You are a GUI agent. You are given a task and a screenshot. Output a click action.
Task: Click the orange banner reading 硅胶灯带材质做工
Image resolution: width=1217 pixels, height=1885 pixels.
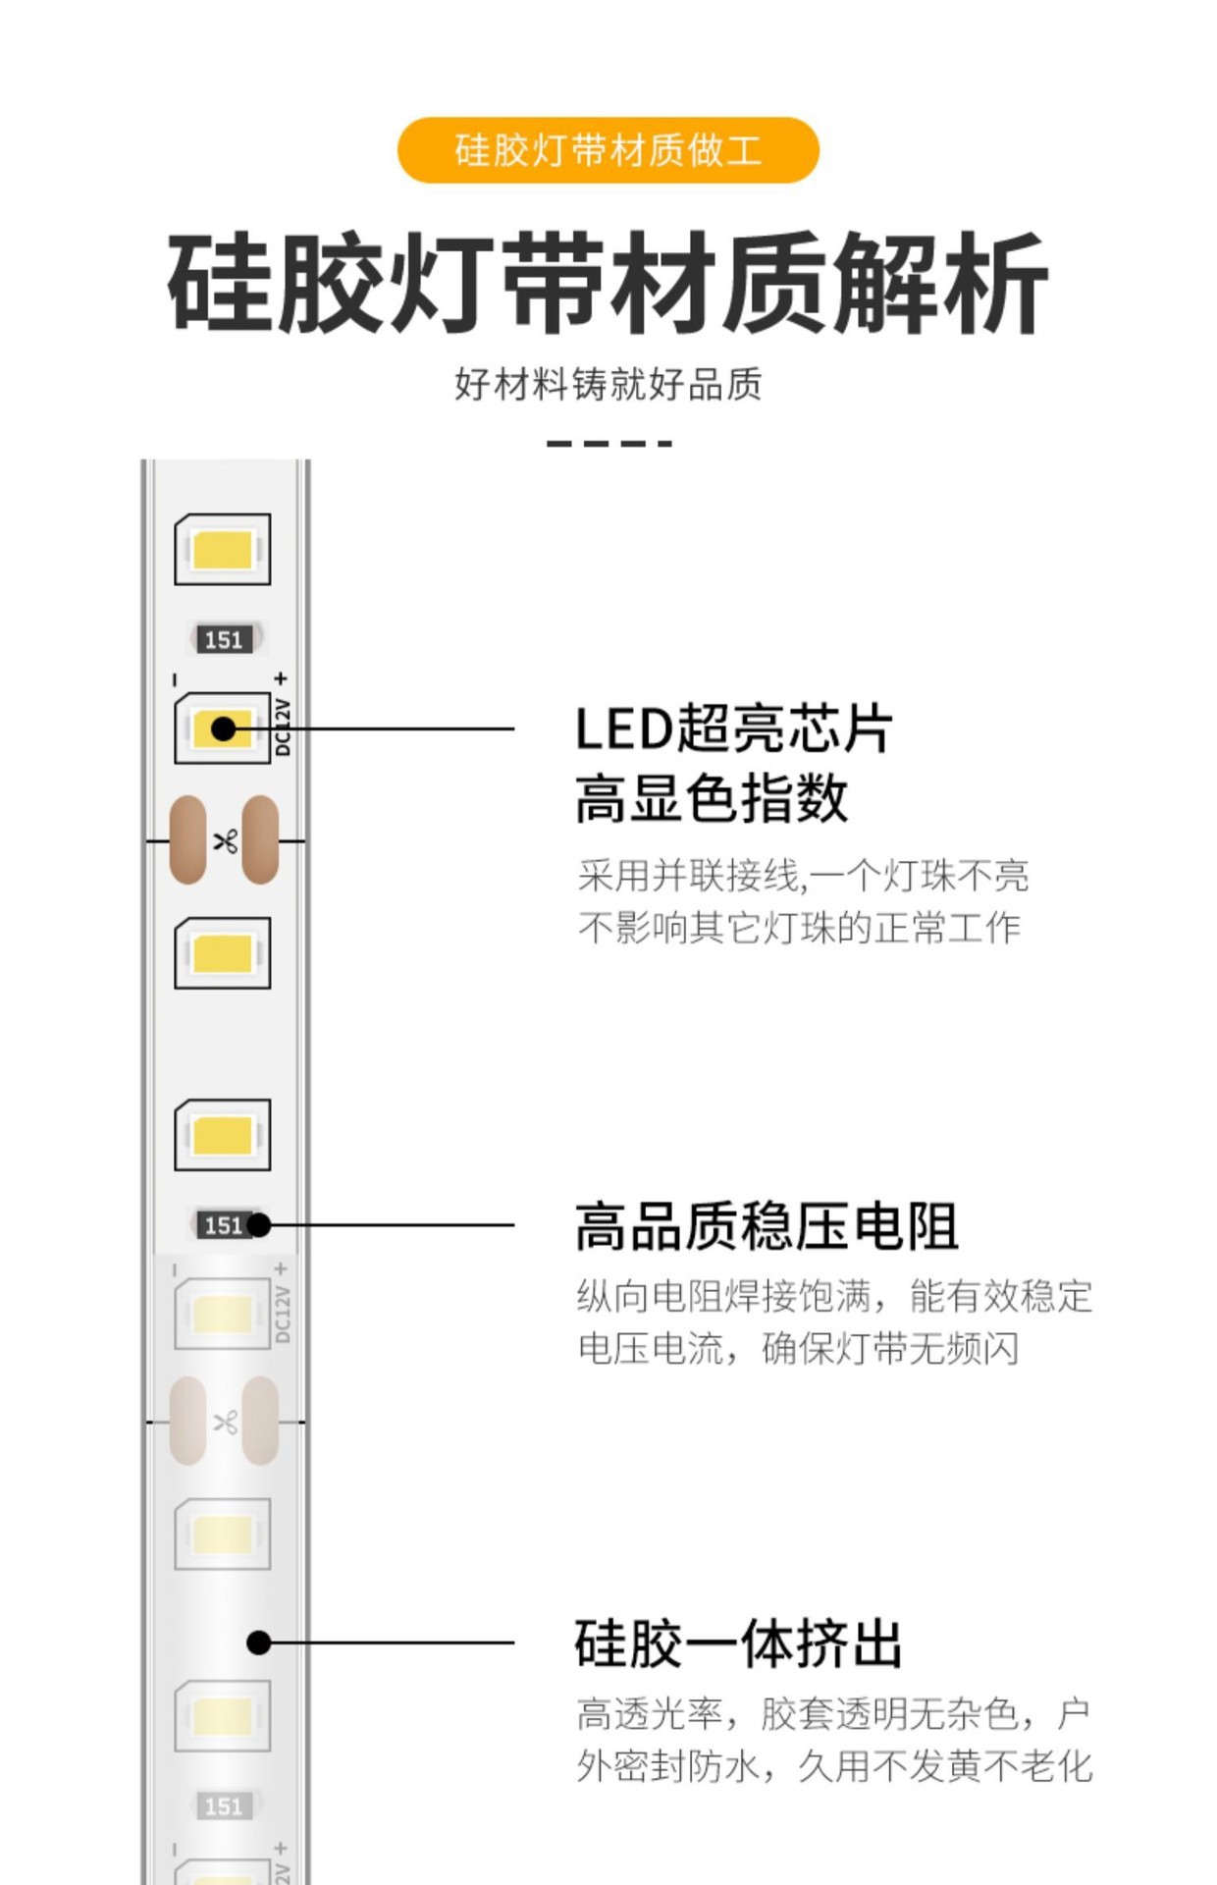coord(608,150)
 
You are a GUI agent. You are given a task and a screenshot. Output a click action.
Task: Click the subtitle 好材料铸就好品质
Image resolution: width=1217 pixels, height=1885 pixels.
coord(608,384)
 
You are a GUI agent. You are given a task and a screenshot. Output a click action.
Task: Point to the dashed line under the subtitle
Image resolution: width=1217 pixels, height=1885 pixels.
coord(608,444)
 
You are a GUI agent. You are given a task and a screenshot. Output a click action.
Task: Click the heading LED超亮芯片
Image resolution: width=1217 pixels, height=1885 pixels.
coord(733,729)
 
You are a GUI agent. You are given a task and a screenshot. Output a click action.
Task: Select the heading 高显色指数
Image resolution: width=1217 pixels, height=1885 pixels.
coord(712,797)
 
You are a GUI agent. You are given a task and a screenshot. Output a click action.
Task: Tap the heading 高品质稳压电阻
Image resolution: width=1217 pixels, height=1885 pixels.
coord(767,1226)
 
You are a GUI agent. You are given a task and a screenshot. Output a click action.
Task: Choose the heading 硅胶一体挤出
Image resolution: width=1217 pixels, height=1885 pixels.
coord(738,1643)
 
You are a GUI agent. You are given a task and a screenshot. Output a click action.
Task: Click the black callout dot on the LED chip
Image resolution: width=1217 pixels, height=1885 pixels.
coord(224,728)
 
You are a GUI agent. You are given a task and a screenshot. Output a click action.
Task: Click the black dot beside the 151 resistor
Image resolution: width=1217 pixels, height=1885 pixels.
coord(259,1225)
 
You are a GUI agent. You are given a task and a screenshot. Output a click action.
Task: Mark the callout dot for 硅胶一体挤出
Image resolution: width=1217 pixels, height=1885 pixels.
coord(259,1643)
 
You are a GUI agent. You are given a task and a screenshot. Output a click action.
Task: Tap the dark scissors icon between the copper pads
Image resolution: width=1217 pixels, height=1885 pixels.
coord(225,840)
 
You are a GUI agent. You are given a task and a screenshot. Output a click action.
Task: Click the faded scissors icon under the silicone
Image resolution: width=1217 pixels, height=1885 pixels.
coord(225,1422)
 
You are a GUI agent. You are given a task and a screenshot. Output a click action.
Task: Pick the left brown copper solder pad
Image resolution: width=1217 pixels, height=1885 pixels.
coord(187,840)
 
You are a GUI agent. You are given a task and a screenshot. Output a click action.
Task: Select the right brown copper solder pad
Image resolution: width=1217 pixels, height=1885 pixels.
coord(261,840)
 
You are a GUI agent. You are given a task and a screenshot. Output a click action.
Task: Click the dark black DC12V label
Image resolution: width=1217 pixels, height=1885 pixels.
coord(283,727)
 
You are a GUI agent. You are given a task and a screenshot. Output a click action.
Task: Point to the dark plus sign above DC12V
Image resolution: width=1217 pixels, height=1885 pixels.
coord(282,678)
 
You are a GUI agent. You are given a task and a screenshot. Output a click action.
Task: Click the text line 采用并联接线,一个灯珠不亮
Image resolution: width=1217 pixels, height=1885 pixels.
coord(803,875)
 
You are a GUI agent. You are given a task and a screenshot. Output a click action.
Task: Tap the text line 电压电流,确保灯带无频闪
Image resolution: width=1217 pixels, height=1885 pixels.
coord(797,1349)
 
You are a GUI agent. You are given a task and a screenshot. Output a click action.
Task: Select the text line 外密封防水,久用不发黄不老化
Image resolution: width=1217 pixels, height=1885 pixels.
coord(834,1766)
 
